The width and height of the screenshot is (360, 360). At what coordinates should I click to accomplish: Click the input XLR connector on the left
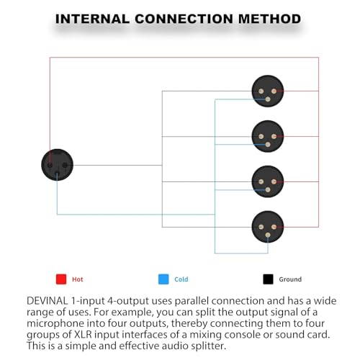click(57, 165)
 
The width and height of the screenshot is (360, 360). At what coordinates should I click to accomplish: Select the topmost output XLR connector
click(268, 91)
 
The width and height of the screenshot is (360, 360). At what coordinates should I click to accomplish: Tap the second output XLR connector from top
click(268, 136)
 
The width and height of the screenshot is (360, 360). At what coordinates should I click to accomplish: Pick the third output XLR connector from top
click(268, 181)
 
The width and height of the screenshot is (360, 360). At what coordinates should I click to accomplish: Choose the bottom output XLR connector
click(268, 227)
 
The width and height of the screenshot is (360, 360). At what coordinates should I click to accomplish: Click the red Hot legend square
click(61, 279)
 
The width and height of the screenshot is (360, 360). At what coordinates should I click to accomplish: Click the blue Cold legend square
click(163, 279)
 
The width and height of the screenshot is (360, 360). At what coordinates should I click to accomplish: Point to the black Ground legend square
click(268, 279)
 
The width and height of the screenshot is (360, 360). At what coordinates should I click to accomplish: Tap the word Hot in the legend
click(78, 279)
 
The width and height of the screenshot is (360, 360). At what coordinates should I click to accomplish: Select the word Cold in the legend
click(181, 279)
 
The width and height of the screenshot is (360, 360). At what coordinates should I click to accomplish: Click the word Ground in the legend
click(290, 279)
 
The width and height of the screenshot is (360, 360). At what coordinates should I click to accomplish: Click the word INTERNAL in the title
click(92, 19)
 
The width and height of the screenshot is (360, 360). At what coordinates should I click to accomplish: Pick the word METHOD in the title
click(269, 19)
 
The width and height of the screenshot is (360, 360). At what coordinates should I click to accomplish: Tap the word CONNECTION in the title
click(184, 19)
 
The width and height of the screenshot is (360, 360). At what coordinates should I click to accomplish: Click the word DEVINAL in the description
click(48, 301)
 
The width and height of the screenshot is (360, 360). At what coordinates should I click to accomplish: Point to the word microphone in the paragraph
click(55, 324)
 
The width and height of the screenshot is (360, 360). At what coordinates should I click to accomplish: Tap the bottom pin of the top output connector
click(268, 99)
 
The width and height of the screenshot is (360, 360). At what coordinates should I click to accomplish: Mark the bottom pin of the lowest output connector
click(268, 235)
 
